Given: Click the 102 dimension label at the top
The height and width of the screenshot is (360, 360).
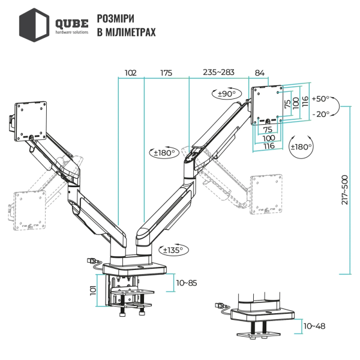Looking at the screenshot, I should coord(131,73).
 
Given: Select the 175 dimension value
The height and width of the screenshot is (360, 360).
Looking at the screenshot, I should coord(166,73).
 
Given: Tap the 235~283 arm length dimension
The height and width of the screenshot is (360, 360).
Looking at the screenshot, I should coord(218,73).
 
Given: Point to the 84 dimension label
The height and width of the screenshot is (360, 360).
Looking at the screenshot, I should coord(260,73).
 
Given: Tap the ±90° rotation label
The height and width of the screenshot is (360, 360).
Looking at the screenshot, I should coord(229,94).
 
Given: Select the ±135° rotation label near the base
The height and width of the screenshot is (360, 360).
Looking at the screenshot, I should coord(172,250).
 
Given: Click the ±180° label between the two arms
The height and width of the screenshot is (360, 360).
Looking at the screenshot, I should coord(164,153).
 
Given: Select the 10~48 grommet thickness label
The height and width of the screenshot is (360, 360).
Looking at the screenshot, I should coord(315,326).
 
